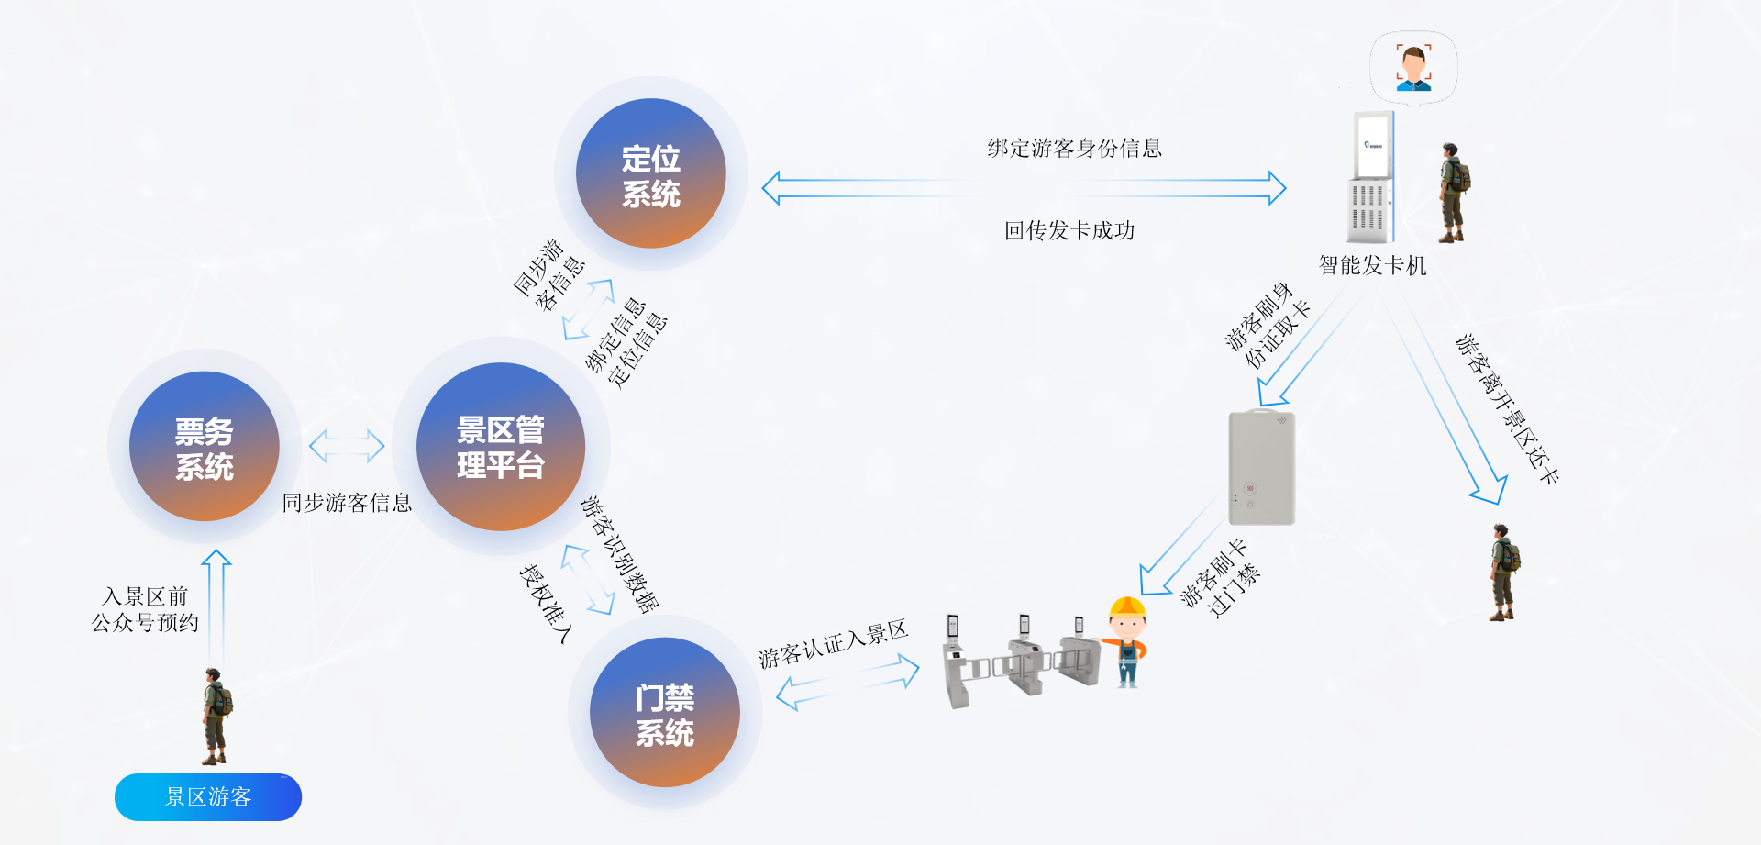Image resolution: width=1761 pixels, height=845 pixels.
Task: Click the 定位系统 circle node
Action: tap(650, 174)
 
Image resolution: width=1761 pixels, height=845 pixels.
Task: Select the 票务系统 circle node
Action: tap(205, 447)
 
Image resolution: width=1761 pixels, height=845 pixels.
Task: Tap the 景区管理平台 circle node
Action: tap(501, 447)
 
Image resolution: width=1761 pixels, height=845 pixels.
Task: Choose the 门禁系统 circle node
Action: tap(665, 713)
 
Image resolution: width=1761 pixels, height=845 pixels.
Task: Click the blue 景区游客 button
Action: tap(208, 796)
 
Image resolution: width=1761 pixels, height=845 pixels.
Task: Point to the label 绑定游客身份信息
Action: tap(1074, 149)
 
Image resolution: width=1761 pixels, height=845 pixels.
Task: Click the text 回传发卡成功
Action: tap(1069, 230)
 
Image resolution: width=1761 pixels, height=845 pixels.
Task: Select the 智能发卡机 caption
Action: tap(1372, 266)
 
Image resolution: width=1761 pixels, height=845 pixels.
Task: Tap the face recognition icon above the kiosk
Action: tap(1413, 68)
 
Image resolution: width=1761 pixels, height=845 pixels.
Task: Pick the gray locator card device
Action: tap(1261, 468)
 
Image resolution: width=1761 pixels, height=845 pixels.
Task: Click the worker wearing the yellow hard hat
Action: tap(1127, 641)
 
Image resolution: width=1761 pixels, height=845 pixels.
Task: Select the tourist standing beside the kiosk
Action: tap(1452, 193)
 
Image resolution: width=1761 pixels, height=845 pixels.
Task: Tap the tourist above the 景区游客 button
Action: tap(216, 717)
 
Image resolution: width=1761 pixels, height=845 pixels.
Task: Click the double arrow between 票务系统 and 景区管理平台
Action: tap(347, 446)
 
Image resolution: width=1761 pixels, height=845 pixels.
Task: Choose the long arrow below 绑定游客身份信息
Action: tap(1024, 188)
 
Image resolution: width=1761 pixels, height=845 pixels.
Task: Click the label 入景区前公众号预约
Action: tap(145, 610)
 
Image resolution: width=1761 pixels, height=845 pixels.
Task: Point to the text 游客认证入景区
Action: tap(833, 643)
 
